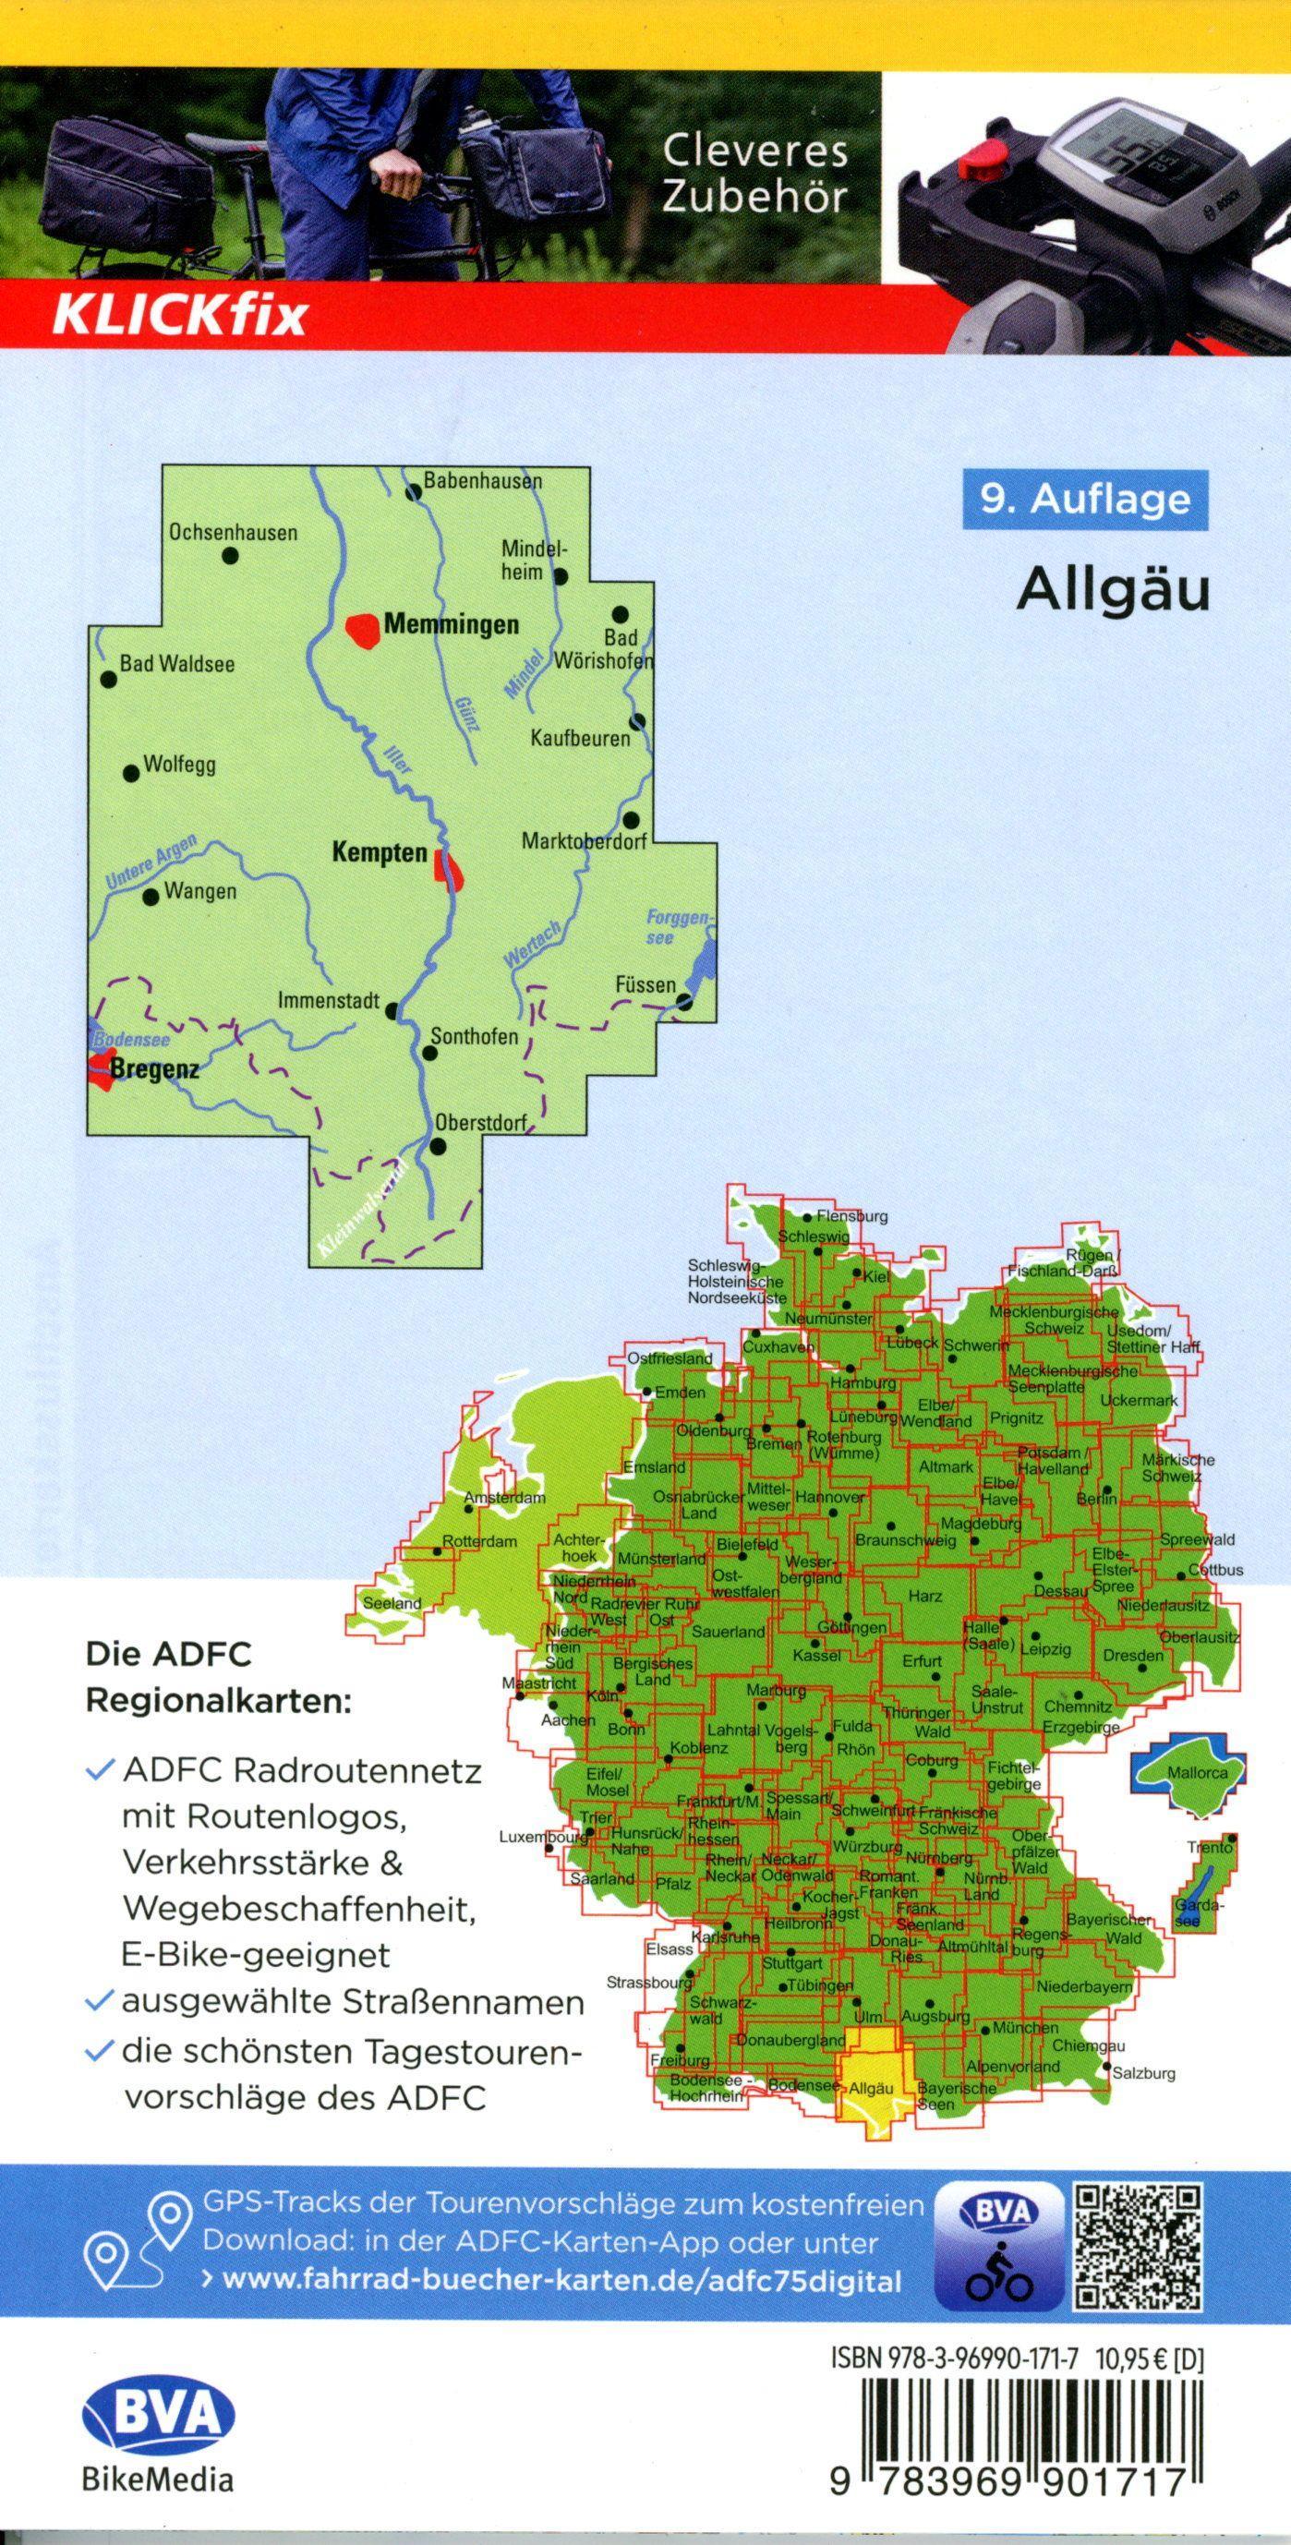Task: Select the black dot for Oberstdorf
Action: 439,1146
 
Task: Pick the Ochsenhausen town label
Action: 233,533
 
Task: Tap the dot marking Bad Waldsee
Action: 108,679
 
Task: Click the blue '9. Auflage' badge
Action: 1084,499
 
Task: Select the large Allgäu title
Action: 1112,590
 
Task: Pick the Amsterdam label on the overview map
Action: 504,1499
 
